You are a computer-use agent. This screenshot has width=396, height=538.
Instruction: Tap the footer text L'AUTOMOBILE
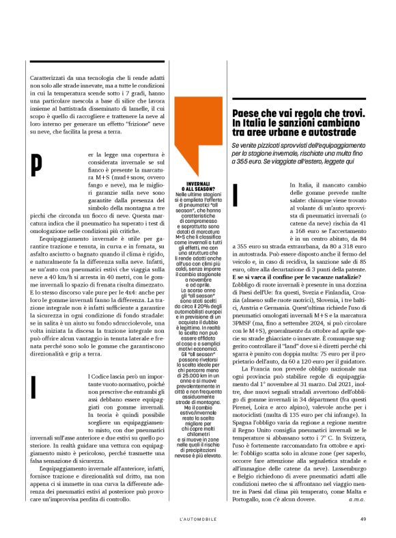pyautogui.click(x=198, y=519)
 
